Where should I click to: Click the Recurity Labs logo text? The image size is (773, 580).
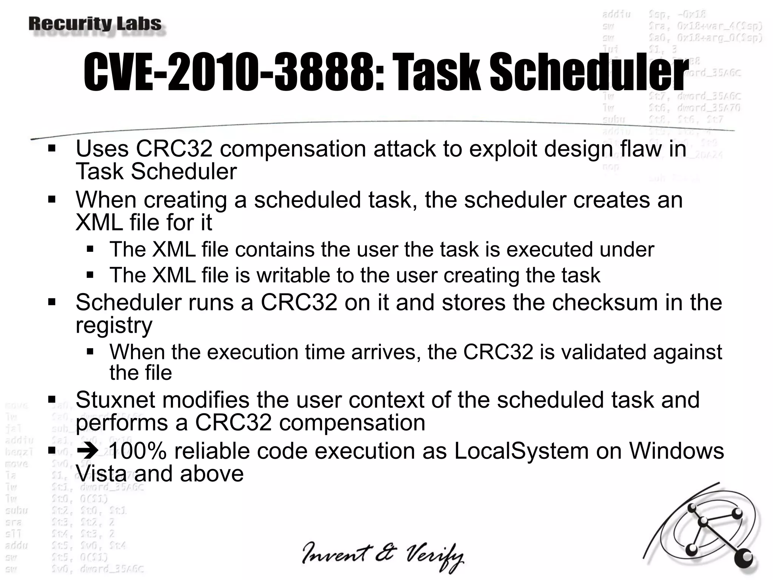point(95,24)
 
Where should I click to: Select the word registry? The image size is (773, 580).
point(114,325)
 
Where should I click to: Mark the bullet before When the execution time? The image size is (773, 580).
point(90,352)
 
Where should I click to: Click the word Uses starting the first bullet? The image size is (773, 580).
point(102,148)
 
